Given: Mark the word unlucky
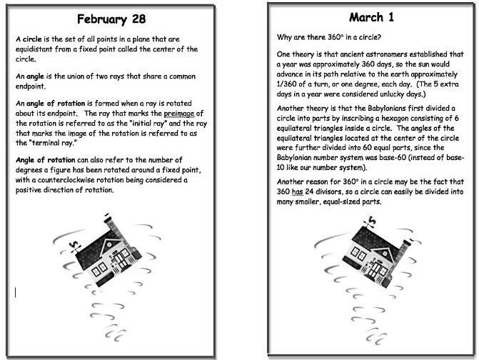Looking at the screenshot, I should coord(389,94).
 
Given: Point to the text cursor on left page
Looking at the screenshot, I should coord(16,291).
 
